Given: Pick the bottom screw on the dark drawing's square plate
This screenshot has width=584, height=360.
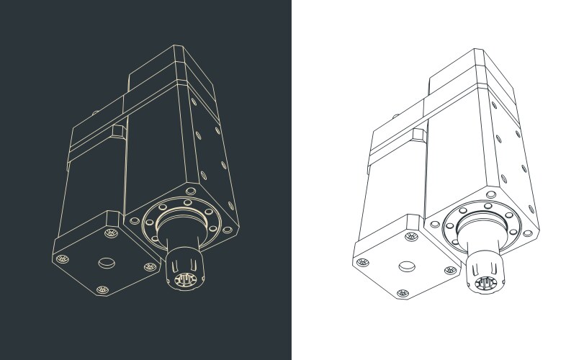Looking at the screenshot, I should [x=102, y=290].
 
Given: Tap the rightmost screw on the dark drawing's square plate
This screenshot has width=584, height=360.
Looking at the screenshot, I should [x=151, y=267].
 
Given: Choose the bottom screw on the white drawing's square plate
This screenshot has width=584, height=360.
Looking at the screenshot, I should [x=402, y=293].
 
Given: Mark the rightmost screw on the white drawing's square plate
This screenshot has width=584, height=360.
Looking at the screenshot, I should [x=451, y=270].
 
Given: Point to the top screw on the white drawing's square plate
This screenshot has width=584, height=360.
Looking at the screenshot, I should [x=410, y=236].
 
